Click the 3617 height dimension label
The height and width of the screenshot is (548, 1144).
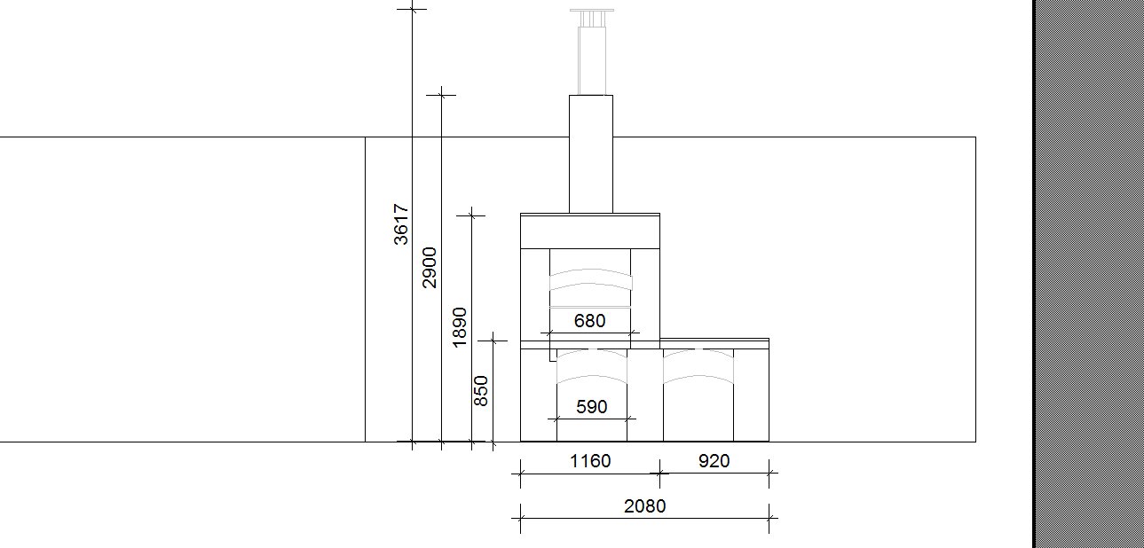[x=401, y=224]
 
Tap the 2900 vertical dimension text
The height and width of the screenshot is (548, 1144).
[x=430, y=268]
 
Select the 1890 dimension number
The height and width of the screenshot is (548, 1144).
[x=460, y=327]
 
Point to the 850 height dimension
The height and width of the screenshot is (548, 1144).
[x=481, y=391]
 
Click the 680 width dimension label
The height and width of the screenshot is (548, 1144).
[x=590, y=321]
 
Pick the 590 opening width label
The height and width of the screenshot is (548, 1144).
[x=591, y=407]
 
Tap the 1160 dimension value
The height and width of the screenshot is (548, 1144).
[x=590, y=461]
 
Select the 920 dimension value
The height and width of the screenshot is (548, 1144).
[x=714, y=461]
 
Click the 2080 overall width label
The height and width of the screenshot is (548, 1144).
[x=644, y=506]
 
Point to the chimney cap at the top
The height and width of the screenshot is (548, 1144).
[x=592, y=11]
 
